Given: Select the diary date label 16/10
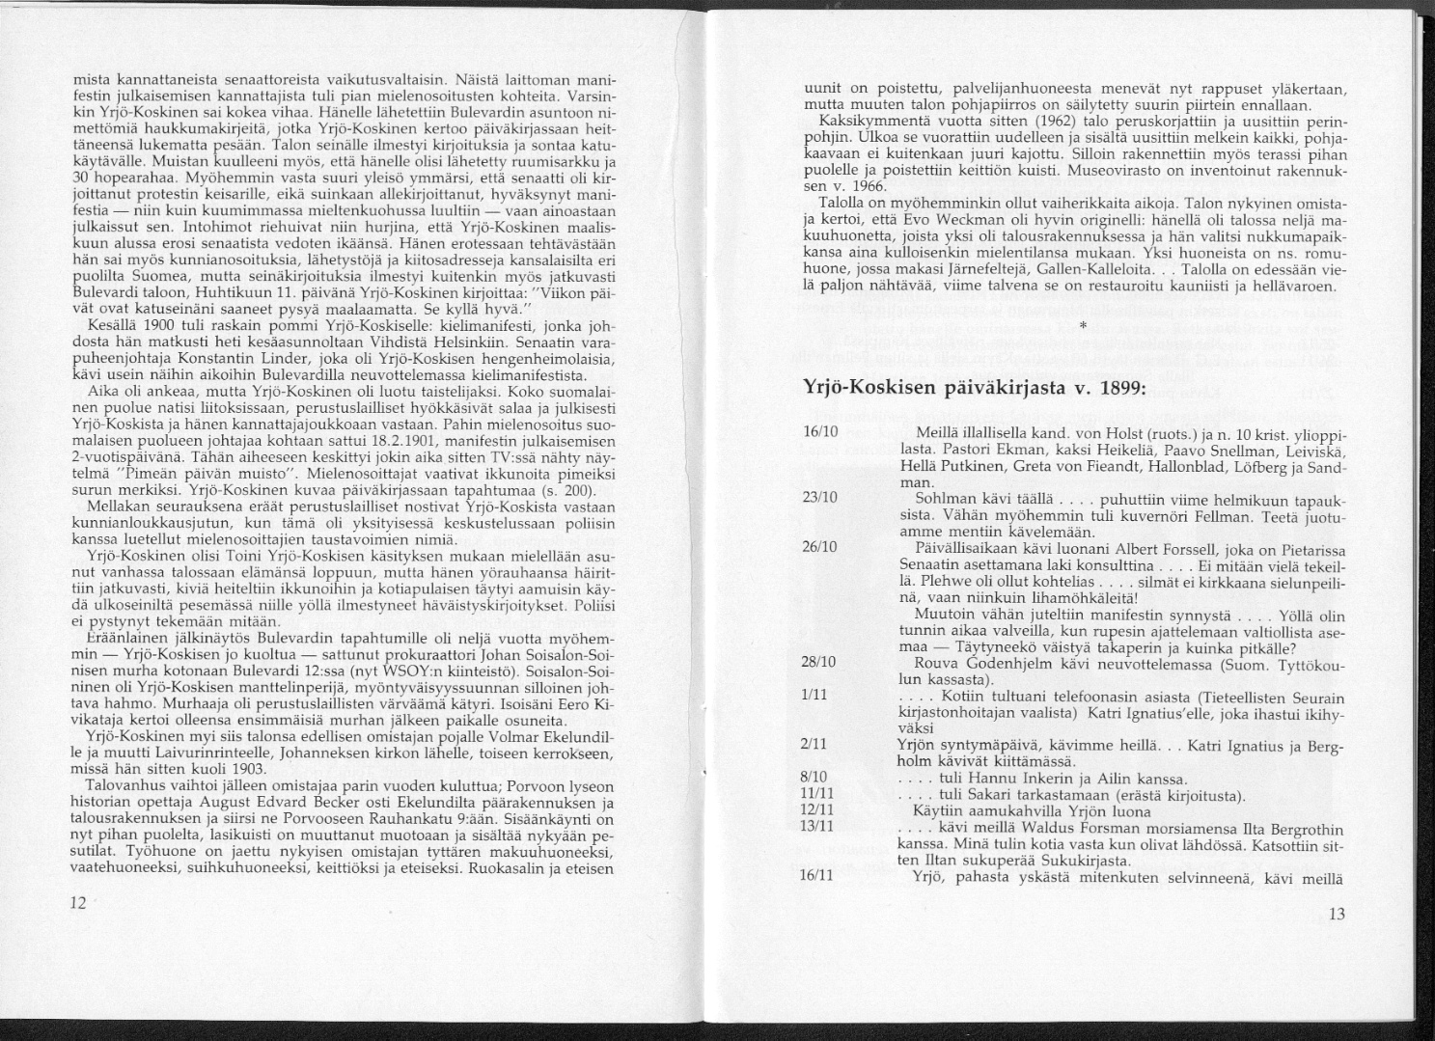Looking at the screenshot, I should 818,454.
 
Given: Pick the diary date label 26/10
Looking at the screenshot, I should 818,546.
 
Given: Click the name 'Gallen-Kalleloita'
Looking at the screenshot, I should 1102,272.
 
